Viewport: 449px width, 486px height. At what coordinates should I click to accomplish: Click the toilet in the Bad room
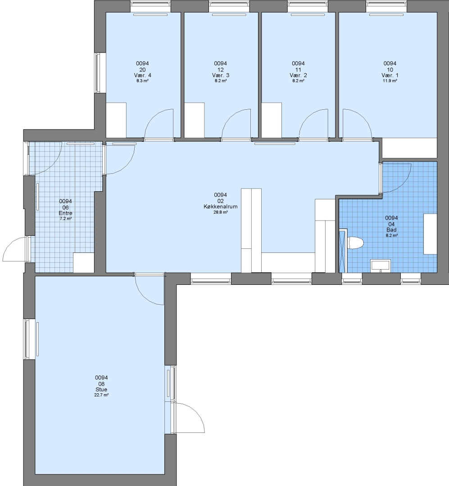(356, 243)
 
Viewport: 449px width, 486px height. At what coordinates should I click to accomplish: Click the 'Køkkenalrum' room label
(220, 207)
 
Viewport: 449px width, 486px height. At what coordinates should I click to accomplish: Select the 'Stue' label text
(101, 390)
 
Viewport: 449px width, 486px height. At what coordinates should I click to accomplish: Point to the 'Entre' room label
(65, 213)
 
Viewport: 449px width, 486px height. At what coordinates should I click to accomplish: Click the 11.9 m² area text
(390, 81)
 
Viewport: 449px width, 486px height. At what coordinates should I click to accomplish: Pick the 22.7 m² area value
(101, 395)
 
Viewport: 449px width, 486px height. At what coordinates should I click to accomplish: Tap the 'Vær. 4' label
(143, 75)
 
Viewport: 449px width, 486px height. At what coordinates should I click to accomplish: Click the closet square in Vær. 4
(116, 120)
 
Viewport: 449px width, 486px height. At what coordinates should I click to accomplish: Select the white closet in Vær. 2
(272, 120)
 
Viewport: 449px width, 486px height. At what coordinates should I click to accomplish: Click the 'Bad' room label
(391, 230)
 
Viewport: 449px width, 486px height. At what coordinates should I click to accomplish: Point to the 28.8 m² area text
(220, 212)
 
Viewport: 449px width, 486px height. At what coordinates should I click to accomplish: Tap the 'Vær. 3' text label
(221, 75)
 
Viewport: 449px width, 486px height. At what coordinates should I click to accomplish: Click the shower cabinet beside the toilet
(343, 251)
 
